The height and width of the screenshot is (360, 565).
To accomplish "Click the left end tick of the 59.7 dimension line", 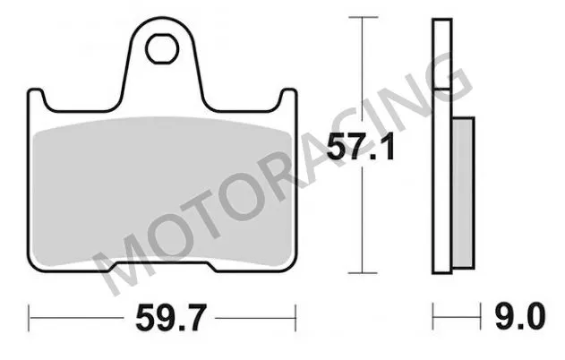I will (x=30, y=315).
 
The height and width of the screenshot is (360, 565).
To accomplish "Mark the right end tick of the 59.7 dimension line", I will (x=295, y=315).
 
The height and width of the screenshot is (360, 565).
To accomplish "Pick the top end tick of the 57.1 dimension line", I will (x=360, y=16).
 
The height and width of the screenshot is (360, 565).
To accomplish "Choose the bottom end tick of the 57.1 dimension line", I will (x=360, y=272).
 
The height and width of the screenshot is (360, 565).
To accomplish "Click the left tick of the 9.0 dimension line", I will (x=433, y=315).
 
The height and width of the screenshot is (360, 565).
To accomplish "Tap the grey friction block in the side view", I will (x=461, y=193).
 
